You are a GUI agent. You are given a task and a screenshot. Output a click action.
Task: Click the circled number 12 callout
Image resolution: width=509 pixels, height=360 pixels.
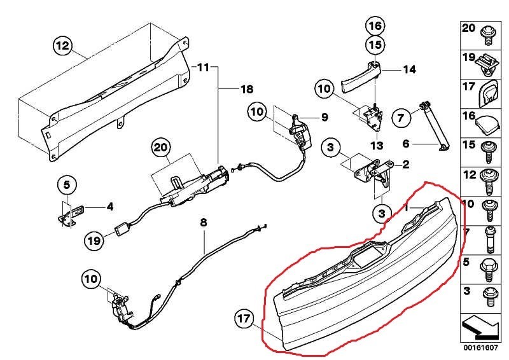(x=62, y=46)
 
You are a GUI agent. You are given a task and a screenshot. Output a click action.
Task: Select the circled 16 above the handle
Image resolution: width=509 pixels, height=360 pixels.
(x=375, y=26)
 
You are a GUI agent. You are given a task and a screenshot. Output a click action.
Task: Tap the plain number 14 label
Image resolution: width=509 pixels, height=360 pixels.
(x=408, y=69)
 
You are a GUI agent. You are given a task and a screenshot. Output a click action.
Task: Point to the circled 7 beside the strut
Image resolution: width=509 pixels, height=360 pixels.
(x=400, y=117)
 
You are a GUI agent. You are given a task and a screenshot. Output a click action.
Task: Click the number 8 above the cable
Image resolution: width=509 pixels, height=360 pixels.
(x=204, y=223)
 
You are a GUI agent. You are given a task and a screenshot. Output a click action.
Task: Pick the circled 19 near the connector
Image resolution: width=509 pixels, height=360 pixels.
(x=94, y=240)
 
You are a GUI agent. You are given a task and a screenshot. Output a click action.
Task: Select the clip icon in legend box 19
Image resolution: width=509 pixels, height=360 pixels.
(x=489, y=62)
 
